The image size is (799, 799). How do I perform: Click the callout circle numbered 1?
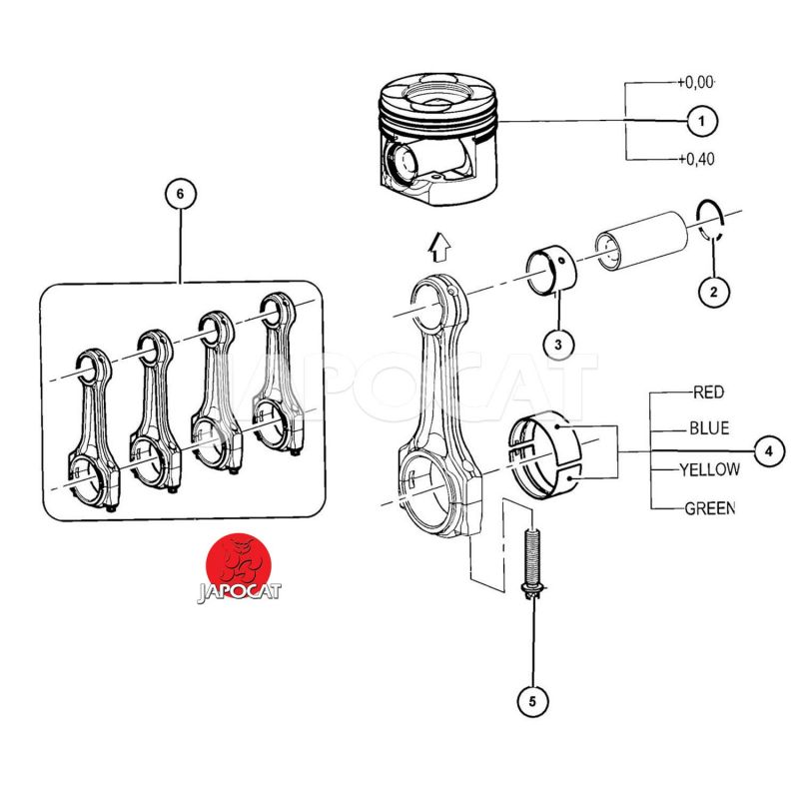tap(702, 121)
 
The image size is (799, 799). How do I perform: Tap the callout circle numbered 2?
tap(713, 292)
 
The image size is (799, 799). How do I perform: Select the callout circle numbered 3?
tap(558, 345)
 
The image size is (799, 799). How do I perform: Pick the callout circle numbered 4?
tap(769, 451)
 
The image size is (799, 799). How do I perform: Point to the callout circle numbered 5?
tap(532, 702)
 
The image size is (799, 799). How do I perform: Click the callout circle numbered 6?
tap(181, 194)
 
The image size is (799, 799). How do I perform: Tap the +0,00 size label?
tap(696, 82)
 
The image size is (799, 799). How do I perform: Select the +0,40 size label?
tap(696, 159)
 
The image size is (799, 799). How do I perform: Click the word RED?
tap(709, 393)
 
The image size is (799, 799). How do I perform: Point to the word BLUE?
tap(709, 428)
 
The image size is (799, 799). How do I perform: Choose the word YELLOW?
tap(710, 468)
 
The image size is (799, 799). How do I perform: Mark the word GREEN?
tap(710, 508)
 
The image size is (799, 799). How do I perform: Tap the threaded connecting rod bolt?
tap(531, 563)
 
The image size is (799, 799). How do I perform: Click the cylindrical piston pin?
tap(641, 241)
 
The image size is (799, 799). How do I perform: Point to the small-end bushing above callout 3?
tap(551, 271)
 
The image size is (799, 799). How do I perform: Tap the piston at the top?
tap(437, 139)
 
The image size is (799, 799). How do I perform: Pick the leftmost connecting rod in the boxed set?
tap(95, 429)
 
